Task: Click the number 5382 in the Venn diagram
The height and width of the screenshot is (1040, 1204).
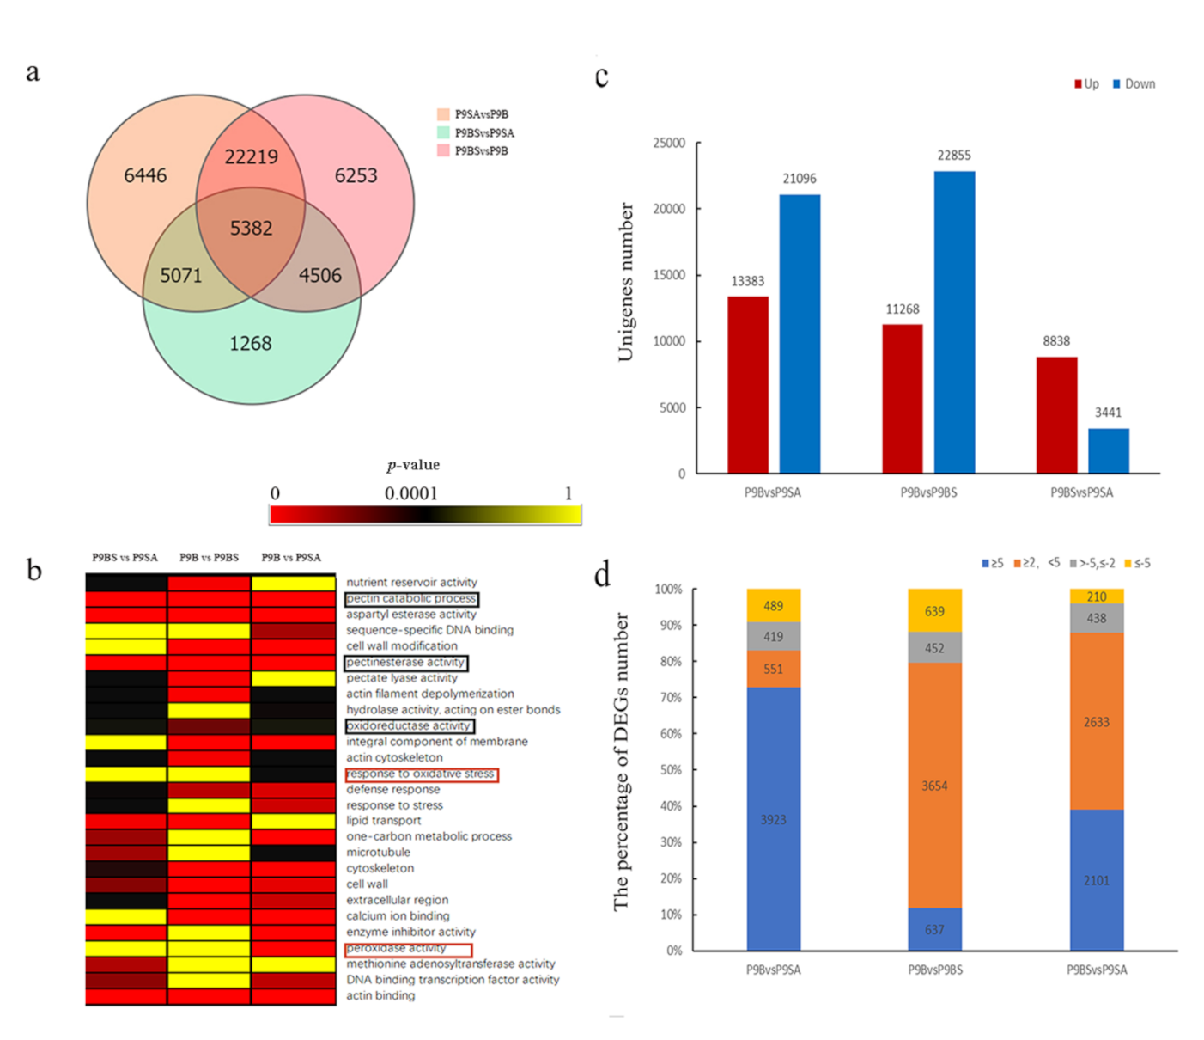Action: [x=251, y=228]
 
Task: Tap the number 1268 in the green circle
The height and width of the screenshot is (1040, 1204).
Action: [x=250, y=344]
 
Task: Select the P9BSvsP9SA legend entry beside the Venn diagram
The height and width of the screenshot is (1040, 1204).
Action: [x=483, y=132]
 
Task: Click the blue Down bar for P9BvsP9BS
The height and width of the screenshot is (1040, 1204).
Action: [x=954, y=322]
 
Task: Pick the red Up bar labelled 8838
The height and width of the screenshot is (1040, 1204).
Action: [x=1056, y=415]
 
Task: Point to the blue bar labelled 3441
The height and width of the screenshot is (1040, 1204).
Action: [x=1108, y=450]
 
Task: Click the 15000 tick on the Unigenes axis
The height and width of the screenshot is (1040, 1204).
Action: [x=669, y=275]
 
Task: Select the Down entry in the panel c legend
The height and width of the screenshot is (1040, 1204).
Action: [x=1139, y=84]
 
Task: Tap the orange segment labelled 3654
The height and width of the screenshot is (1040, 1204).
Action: [x=934, y=785]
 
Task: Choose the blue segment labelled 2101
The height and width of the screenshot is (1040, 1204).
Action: [x=1096, y=880]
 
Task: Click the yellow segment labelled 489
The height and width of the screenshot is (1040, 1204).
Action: [x=773, y=606]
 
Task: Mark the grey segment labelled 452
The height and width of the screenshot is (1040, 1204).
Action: [x=934, y=648]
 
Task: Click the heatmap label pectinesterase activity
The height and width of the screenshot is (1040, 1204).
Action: [x=405, y=663]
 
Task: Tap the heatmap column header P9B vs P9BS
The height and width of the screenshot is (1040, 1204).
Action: [x=209, y=558]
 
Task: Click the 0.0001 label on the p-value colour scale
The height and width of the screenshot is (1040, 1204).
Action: [x=410, y=493]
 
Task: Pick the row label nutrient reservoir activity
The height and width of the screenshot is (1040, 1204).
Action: [x=411, y=583]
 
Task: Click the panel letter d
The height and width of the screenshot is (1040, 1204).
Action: [x=603, y=573]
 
